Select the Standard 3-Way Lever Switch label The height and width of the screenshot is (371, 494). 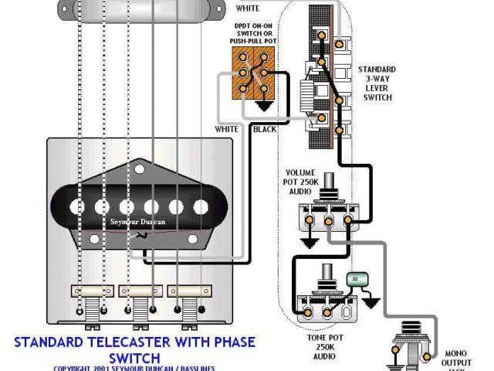point(376,83)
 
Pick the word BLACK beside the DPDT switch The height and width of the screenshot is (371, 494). point(264,129)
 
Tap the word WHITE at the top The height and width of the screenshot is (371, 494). point(247,8)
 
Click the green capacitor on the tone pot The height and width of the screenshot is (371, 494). point(356,281)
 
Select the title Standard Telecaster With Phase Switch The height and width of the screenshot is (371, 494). point(134,349)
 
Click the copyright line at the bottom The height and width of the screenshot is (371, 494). point(134,368)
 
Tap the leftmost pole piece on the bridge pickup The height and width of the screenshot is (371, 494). point(76,207)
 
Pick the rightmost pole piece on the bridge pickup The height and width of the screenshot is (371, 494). point(200,206)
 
